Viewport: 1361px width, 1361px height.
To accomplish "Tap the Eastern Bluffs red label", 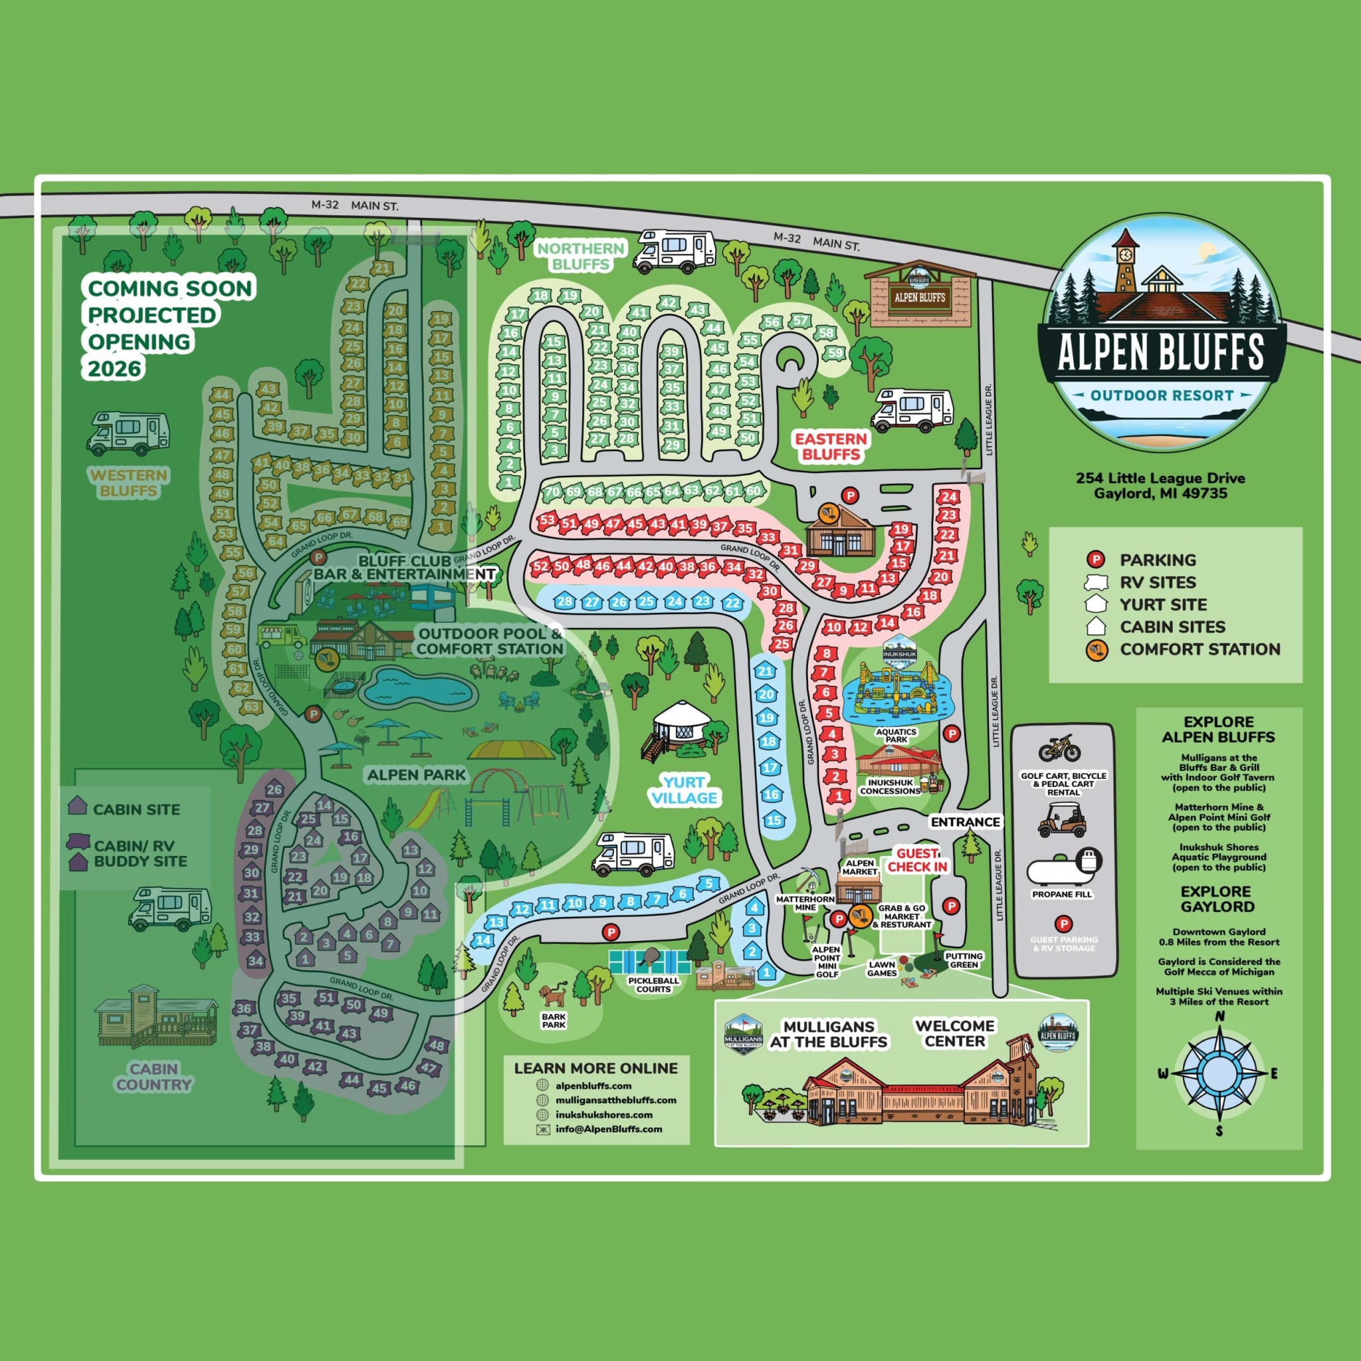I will point(831,447).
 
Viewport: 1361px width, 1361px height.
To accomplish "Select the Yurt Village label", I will point(684,789).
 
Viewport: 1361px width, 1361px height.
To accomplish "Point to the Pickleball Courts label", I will point(654,984).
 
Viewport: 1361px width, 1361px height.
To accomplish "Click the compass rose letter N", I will point(1221,1016).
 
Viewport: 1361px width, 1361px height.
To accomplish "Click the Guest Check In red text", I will point(916,860).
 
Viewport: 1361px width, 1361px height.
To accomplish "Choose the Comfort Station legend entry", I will point(1200,649).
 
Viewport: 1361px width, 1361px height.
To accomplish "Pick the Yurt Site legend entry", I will point(1163,605).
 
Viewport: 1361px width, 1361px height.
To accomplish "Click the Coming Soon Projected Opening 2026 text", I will point(169,328).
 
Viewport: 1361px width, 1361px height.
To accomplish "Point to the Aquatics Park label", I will point(896,736).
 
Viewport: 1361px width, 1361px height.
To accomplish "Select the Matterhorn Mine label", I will point(805,903).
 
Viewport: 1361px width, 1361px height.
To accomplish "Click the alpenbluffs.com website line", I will point(593,1086).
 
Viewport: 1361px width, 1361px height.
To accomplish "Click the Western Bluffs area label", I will point(128,482).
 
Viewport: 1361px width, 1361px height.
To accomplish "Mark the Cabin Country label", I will point(154,1077).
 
